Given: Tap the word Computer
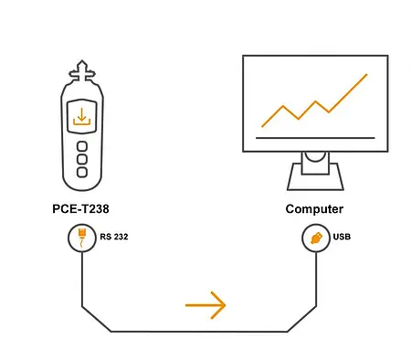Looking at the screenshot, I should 313,209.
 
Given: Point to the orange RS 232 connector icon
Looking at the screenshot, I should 81,238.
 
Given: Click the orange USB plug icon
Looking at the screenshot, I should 316,238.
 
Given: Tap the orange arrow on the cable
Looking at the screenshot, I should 205,305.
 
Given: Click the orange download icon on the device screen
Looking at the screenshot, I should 81,117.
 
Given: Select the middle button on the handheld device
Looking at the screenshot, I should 81,159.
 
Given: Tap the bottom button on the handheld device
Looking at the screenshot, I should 81,172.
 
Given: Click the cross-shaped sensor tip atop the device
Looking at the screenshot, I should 81,69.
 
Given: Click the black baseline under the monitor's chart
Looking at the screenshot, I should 315,138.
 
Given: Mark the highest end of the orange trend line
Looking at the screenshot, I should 367,75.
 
